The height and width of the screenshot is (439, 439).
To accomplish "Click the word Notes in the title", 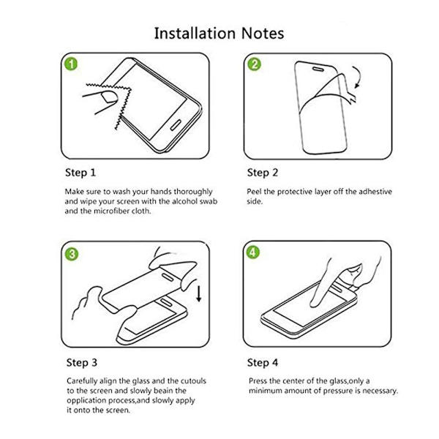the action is click(x=263, y=33).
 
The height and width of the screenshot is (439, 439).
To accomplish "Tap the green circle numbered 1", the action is click(x=71, y=64).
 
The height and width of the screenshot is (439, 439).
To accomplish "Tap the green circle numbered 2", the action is click(x=254, y=64).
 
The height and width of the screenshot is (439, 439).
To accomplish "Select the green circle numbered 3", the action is click(x=72, y=254).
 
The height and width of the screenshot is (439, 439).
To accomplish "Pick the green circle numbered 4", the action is click(x=253, y=252).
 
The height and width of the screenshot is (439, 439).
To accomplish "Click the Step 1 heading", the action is click(x=80, y=173).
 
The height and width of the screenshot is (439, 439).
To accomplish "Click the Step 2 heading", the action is click(x=263, y=173).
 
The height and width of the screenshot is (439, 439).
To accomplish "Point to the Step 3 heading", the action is click(x=82, y=363).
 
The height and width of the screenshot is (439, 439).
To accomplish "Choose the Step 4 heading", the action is click(x=263, y=363).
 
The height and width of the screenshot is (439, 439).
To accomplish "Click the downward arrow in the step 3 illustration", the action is click(x=199, y=293).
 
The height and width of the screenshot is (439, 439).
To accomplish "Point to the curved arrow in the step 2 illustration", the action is click(x=358, y=76).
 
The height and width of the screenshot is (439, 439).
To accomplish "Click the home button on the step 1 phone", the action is click(x=176, y=125).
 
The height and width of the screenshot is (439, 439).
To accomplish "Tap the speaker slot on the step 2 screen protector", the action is click(x=318, y=69).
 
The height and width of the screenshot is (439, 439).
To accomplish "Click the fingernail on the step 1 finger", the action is click(x=110, y=97).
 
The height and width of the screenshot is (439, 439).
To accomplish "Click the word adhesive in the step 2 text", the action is click(x=375, y=192).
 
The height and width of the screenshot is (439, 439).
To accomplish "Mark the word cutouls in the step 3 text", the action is click(x=193, y=381).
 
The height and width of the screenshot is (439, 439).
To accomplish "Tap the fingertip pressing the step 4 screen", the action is click(x=315, y=304).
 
